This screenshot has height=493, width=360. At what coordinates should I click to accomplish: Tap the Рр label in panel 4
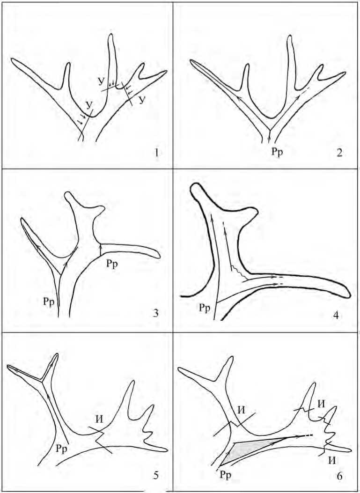tap(205, 307)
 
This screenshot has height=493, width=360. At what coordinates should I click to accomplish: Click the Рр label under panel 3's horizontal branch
tap(111, 264)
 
